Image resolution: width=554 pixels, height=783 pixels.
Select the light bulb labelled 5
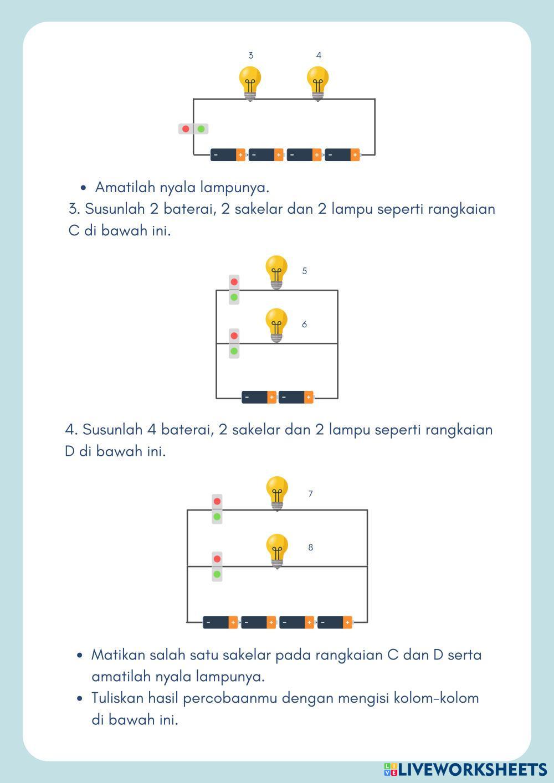276,271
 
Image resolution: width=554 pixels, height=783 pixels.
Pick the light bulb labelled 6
276,324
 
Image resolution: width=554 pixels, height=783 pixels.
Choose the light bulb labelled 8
277,550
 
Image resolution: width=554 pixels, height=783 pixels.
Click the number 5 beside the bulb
305,271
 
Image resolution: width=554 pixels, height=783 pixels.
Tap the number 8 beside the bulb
310,548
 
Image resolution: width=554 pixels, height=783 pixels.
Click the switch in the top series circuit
193,129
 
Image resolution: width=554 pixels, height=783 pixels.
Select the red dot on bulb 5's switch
234,282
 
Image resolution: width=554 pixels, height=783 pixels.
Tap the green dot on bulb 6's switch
234,351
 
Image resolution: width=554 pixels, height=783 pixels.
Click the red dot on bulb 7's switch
217,502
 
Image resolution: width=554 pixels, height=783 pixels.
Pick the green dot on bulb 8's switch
217,574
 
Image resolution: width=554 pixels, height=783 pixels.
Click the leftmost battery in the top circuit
228,155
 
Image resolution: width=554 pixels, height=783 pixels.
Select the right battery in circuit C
296,397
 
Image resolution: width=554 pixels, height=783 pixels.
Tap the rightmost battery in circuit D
335,622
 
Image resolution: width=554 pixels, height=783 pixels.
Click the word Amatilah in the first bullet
123,187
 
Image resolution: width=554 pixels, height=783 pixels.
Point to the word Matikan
115,655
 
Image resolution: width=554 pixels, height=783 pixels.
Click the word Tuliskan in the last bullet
116,698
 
